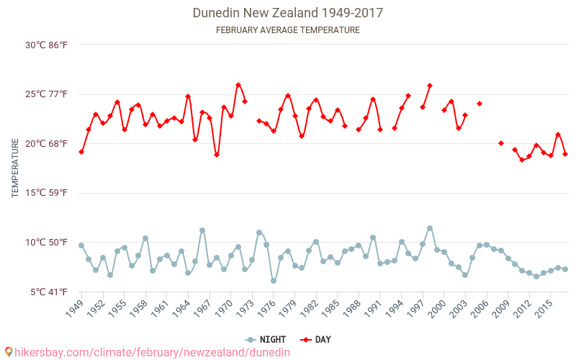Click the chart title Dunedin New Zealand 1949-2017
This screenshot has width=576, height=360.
coord(288,13)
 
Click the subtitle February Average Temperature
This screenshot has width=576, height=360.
coord(288,30)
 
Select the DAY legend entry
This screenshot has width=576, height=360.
coord(315,340)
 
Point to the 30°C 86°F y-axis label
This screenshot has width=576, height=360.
coord(46,45)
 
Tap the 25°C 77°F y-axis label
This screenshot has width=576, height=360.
coord(46,94)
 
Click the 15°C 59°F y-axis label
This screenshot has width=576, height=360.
coord(46,193)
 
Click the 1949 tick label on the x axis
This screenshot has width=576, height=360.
coord(74,308)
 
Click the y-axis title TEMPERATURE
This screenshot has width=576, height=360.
coord(16,168)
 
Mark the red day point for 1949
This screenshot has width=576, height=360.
coord(81,152)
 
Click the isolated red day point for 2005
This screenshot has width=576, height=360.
coord(480,104)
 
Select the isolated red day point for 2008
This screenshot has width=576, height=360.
coord(501,143)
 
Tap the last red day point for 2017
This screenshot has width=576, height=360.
coord(565,154)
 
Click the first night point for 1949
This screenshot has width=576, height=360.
coord(81,246)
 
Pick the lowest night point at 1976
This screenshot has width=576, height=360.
coord(274,281)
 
